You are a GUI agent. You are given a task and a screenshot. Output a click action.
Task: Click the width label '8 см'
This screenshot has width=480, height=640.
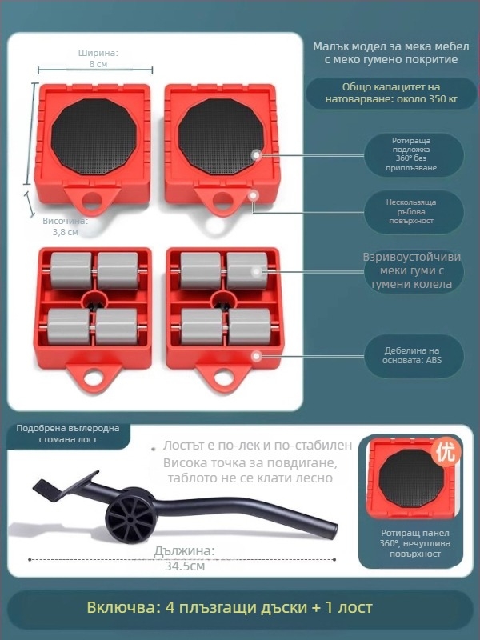coord(98,64)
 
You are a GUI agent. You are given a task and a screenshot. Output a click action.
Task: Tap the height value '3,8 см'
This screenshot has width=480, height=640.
coord(66,232)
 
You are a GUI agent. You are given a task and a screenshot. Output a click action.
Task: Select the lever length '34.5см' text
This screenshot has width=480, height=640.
coord(185,566)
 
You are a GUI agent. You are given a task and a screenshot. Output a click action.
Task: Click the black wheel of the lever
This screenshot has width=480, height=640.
coord(130,516)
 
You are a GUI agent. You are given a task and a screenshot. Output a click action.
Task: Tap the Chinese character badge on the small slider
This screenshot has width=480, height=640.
coord(446,452)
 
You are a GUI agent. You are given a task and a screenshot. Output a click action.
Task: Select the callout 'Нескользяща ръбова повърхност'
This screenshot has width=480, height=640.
coord(411,211)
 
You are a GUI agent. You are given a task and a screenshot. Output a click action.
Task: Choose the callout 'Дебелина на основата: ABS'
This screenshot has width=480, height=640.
coord(412,355)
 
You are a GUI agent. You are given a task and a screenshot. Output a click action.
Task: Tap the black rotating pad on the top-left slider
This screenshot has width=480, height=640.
coord(94,136)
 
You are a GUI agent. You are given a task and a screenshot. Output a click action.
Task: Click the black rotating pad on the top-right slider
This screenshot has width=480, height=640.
coord(222,136)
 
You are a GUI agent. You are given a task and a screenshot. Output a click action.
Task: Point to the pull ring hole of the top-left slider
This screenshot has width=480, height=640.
coord(92,200)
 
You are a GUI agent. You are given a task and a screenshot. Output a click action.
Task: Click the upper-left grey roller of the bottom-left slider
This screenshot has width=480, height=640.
coord(71,270)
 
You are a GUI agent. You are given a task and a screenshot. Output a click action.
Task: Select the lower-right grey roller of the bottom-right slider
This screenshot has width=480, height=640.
coord(250,326)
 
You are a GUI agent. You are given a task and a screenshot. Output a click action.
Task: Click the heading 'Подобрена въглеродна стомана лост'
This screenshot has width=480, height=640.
coord(68,434)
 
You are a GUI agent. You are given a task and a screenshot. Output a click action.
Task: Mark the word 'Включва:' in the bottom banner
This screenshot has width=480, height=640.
coord(123,607)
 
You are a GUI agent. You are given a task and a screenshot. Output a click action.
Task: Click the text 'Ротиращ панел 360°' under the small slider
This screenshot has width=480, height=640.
coord(415,538)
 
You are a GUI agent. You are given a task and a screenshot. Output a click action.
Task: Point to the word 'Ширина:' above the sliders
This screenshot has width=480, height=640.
coord(98,53)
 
